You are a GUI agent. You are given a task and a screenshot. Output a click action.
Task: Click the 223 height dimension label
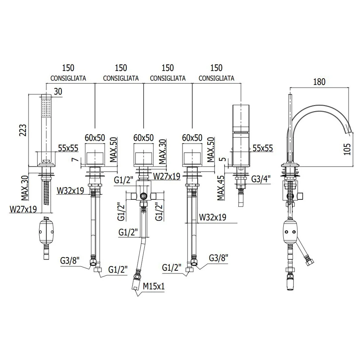[x=23, y=130]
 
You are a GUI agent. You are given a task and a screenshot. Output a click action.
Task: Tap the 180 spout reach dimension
[x=319, y=82]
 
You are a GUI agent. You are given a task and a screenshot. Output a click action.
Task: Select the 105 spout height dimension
[x=347, y=149]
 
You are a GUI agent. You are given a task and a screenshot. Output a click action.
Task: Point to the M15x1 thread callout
[x=154, y=286]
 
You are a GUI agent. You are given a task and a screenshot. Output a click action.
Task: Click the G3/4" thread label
[x=261, y=179]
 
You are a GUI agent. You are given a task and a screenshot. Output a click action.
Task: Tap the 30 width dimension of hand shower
[x=58, y=91]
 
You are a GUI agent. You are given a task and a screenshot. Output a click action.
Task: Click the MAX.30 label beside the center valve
[x=162, y=151]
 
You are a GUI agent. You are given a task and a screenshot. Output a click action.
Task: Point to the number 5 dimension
[x=223, y=159]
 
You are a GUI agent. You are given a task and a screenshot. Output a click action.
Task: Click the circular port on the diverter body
[x=144, y=196]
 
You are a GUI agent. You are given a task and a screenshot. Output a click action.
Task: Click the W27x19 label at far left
[x=23, y=209]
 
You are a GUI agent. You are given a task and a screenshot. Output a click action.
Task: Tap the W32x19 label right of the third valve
[x=213, y=217]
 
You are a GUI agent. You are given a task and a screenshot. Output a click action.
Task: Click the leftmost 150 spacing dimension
[x=68, y=68]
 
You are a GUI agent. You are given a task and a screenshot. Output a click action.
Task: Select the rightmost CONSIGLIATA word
[x=216, y=78]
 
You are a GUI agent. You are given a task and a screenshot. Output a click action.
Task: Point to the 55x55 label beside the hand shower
[x=68, y=148]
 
